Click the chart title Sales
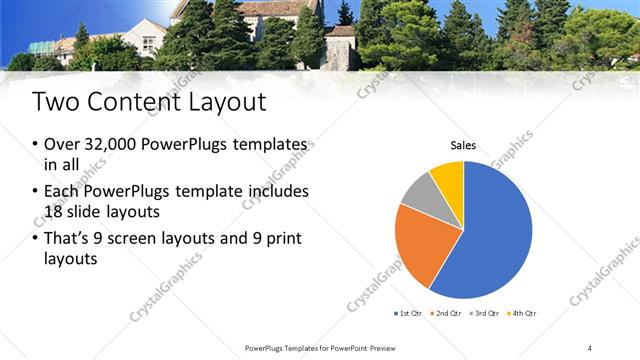tap(463, 146)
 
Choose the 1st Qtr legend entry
tap(410, 313)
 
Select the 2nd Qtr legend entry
tap(445, 313)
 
